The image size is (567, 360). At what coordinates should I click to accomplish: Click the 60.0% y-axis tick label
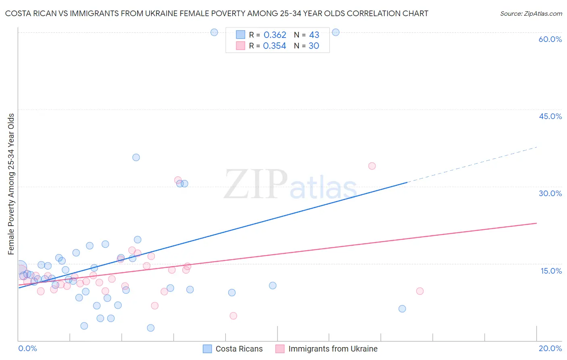[550, 39]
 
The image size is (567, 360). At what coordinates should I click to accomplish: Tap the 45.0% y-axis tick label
[550, 116]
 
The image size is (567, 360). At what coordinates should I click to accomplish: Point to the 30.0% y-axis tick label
[550, 193]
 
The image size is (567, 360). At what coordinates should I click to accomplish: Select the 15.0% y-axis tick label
[551, 271]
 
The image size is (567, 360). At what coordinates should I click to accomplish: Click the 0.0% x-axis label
[27, 348]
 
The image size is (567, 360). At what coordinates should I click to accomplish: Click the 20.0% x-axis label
[550, 348]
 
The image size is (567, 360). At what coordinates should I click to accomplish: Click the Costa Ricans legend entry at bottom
[239, 349]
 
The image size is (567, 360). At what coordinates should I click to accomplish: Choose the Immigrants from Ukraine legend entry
[333, 349]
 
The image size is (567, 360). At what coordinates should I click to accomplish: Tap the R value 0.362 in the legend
[275, 35]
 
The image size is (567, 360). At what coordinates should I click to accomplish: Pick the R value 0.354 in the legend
[274, 46]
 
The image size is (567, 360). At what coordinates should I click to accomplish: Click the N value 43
[314, 35]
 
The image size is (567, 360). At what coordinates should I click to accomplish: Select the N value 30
[314, 46]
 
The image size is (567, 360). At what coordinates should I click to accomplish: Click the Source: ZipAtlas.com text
[531, 14]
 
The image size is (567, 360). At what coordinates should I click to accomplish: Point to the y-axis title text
[11, 184]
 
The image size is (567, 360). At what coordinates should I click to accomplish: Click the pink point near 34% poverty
[372, 166]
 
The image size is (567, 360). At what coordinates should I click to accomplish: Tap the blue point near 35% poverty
[136, 157]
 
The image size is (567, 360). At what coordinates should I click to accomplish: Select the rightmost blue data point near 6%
[402, 309]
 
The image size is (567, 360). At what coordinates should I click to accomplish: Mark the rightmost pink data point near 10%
[420, 291]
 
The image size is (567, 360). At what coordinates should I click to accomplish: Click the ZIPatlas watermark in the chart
[290, 184]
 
